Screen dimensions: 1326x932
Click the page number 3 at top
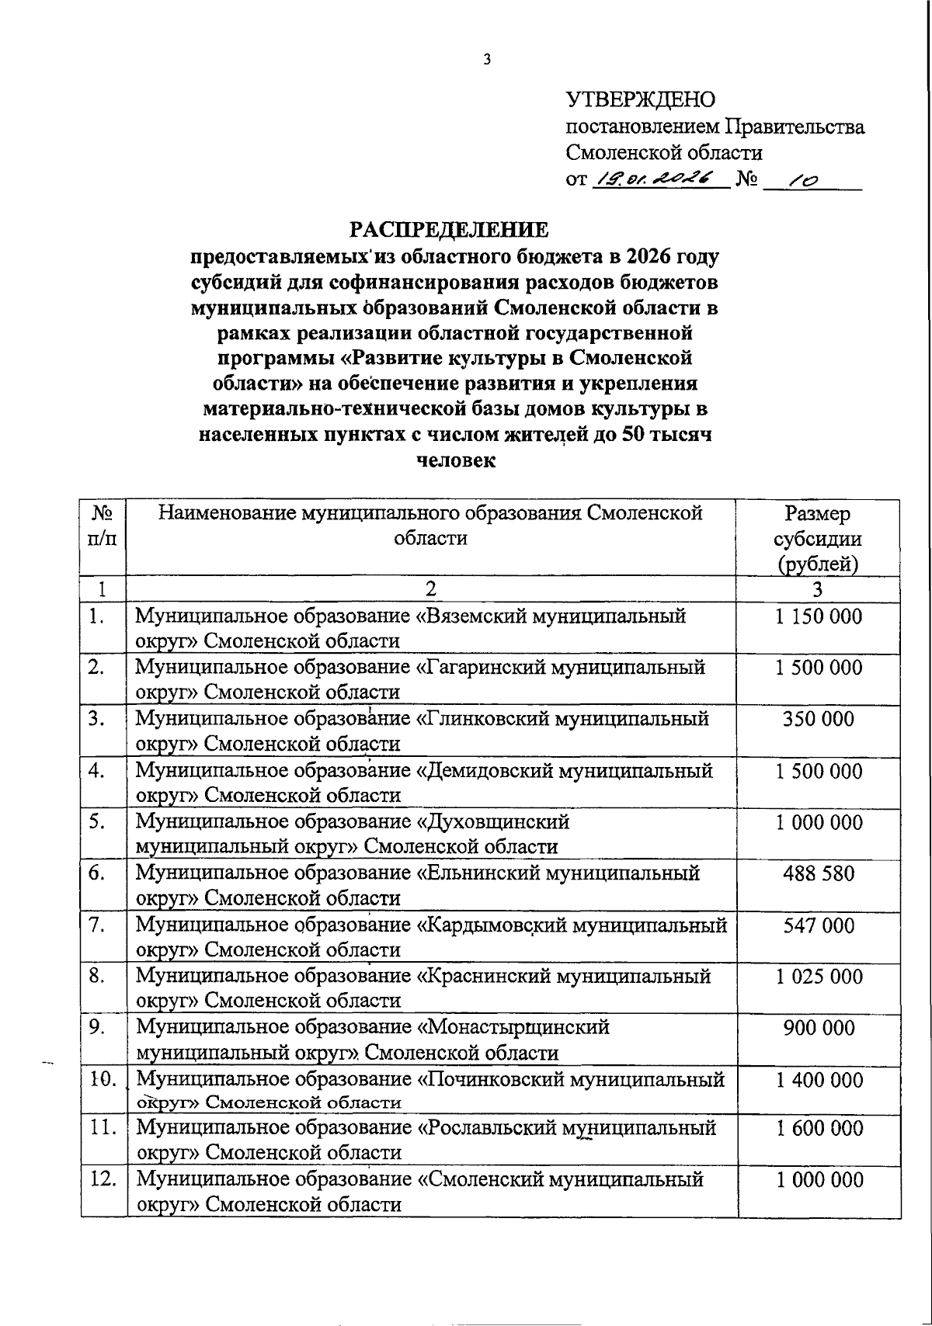[x=487, y=59]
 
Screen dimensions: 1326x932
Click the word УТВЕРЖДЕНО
[x=641, y=100]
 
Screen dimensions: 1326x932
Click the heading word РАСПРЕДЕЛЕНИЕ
[x=448, y=230]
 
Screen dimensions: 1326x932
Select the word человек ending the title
[x=456, y=460]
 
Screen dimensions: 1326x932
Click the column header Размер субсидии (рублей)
[x=817, y=538]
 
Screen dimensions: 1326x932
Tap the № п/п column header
[x=103, y=526]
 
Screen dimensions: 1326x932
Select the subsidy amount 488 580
[x=819, y=873]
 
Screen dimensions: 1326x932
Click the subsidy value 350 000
[x=819, y=719]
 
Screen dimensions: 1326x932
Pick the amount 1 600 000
[x=819, y=1129]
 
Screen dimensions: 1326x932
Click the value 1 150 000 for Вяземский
[x=819, y=617]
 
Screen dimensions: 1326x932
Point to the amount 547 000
[x=819, y=925]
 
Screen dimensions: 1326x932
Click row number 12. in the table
[x=103, y=1179]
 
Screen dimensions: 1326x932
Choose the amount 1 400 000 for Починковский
[x=819, y=1079]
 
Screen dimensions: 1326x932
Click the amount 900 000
[x=819, y=1028]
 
